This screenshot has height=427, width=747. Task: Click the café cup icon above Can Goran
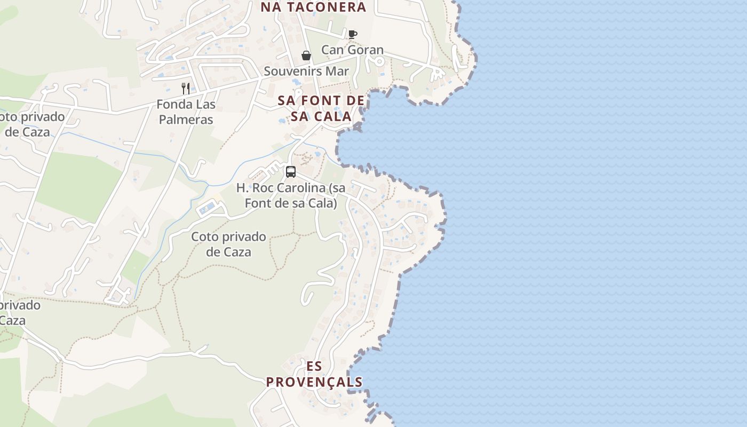pos(352,34)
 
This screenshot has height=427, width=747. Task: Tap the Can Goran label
pos(352,50)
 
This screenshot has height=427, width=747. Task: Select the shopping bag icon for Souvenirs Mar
pos(306,56)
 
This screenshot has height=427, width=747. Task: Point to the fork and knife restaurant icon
pos(186,88)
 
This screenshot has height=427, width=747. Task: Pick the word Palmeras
pos(186,120)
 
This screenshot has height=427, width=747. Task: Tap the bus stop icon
pos(291,172)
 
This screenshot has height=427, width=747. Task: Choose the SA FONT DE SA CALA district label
pos(321,108)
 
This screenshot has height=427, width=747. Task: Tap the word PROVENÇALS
pos(314,382)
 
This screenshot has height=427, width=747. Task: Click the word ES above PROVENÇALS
pos(314,366)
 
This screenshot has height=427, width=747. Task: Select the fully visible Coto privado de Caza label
pos(228,244)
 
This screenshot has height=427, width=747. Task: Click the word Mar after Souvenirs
pos(338,71)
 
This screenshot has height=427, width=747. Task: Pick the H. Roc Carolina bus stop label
pos(291,195)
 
